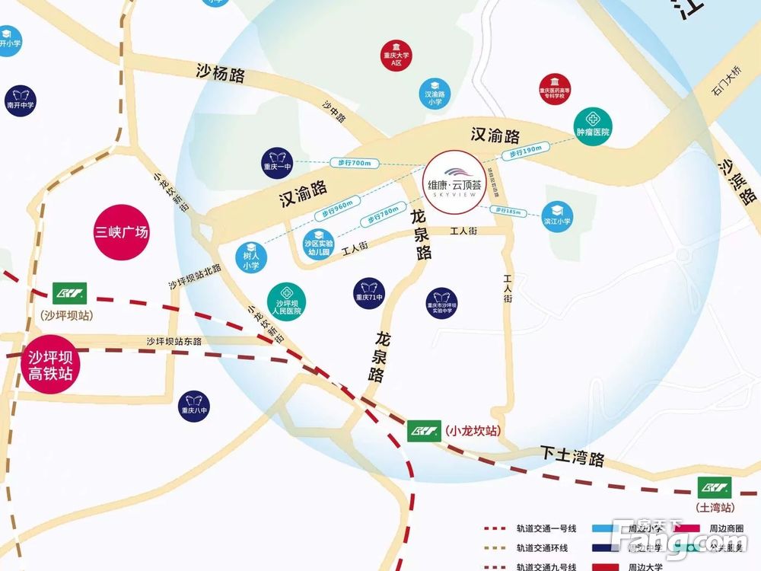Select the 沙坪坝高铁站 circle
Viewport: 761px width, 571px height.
[x=50, y=365]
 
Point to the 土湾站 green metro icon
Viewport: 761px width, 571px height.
[x=715, y=486]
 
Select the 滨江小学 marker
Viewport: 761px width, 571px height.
[x=557, y=215]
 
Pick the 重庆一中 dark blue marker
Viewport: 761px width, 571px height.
[x=277, y=161]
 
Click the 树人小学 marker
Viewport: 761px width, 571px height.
[x=251, y=257]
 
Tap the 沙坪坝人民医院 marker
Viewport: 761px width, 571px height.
[x=287, y=298]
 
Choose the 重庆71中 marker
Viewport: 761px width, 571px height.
[x=371, y=290]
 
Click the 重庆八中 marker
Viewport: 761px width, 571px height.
[x=193, y=404]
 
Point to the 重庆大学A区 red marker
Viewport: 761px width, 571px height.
[x=396, y=54]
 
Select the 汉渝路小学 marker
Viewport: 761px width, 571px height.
[x=435, y=92]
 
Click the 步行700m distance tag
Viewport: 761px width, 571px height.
[x=351, y=162]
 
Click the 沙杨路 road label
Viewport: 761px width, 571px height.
[x=221, y=74]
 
